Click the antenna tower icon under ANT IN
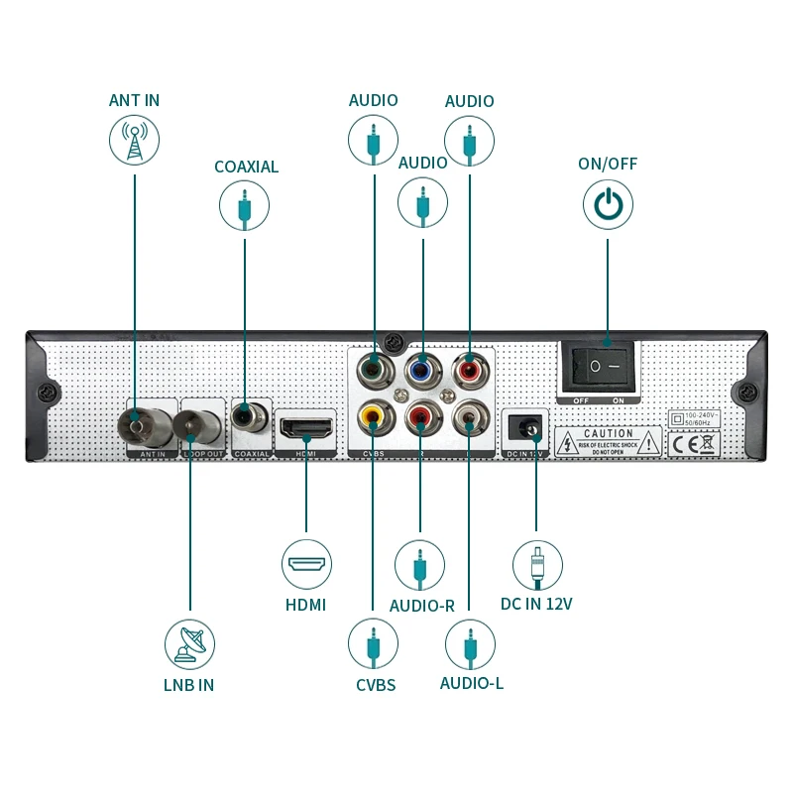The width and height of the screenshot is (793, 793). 133,140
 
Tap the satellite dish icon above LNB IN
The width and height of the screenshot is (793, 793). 189,643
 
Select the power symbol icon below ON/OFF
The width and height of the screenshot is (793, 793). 608,204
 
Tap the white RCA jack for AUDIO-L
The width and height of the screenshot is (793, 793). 468,418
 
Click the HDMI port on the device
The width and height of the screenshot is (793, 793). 306,429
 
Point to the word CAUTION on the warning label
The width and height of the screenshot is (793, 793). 608,433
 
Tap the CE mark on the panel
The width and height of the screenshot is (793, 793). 682,443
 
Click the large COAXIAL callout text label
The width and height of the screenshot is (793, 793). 246,167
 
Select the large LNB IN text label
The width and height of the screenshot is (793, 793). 188,685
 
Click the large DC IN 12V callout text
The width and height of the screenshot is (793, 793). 536,604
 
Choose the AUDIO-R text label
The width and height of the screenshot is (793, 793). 421,606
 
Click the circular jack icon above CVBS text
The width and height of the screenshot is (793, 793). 373,643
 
